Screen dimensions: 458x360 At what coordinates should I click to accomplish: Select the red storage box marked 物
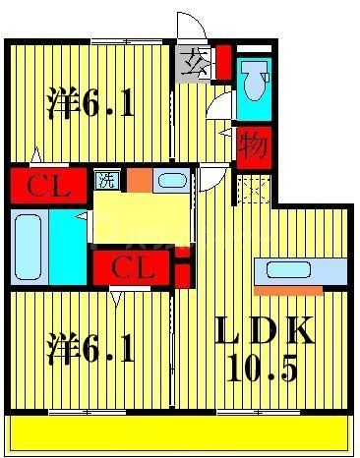(x=254, y=143)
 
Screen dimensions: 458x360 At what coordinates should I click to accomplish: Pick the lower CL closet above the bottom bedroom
(x=132, y=265)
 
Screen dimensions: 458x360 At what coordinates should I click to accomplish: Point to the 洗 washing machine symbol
(x=104, y=179)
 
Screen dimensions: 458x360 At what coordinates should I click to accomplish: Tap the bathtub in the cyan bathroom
(x=29, y=246)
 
